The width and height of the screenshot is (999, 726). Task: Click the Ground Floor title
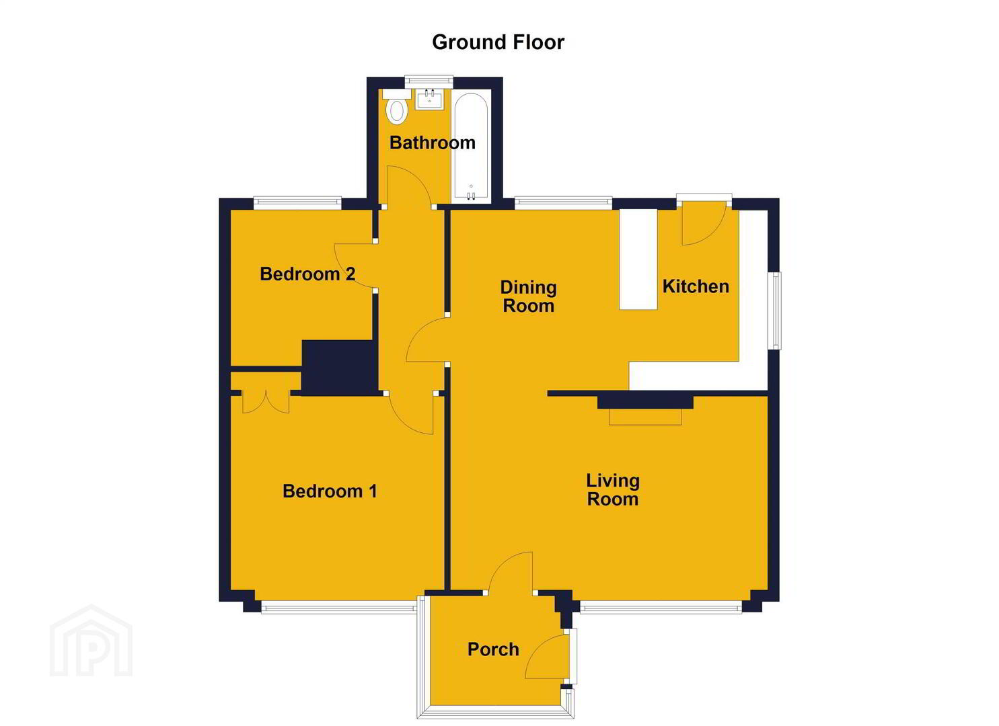point(498,42)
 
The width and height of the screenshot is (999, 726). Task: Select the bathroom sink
point(429,99)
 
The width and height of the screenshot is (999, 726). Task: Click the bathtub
point(471,147)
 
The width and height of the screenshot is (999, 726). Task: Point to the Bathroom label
point(432,143)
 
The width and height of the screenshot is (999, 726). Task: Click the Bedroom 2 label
point(307,274)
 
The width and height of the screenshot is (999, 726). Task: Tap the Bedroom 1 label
point(330,491)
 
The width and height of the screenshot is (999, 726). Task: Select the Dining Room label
point(529,296)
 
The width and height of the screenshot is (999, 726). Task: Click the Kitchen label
point(696,286)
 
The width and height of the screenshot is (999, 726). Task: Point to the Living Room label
point(613,490)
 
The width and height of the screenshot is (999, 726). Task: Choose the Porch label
point(493,649)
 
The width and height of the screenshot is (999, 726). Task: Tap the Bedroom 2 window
point(297,203)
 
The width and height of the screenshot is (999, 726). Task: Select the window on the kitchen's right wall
point(776,311)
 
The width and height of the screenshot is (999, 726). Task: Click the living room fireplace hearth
point(645,416)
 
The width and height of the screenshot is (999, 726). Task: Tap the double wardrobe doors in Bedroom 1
point(266,402)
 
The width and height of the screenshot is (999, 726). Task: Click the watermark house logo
point(91,641)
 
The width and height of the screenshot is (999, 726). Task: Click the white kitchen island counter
point(638,259)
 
